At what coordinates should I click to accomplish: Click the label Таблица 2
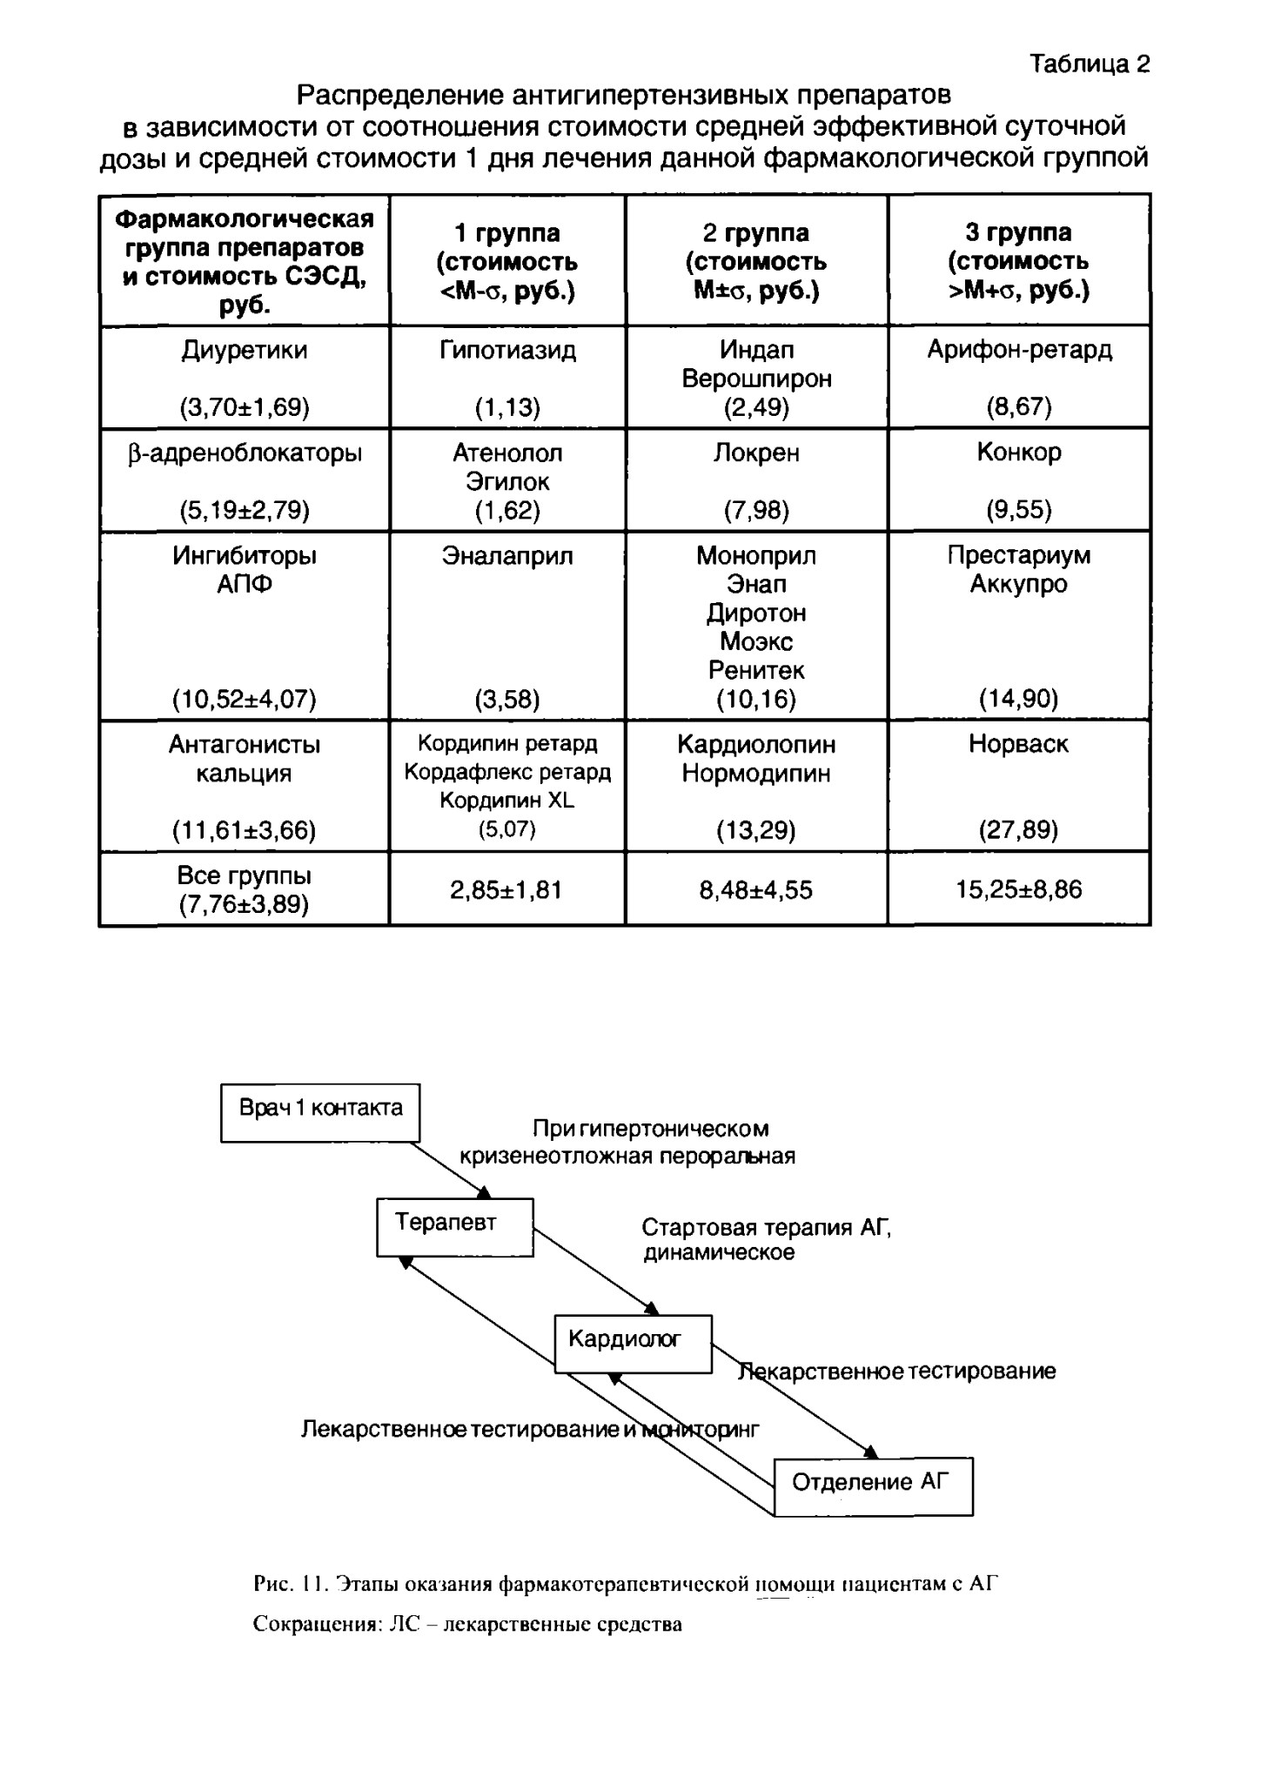1090,64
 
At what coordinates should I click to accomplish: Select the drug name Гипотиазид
507,350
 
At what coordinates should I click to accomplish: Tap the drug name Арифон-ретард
1019,350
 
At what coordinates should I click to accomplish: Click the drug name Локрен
756,453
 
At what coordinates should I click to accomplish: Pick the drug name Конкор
1019,453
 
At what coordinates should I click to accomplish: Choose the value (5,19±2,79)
245,510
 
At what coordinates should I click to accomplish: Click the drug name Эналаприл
507,555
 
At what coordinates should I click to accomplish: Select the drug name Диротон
756,613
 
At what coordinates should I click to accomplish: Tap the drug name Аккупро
1019,584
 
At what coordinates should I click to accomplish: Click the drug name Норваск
1019,744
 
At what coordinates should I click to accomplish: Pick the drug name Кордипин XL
507,800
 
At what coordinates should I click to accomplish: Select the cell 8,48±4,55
756,889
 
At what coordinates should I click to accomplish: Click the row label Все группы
245,875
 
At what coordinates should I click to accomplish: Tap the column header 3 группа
1019,232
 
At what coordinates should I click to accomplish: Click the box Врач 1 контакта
320,1112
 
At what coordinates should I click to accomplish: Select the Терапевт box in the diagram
454,1227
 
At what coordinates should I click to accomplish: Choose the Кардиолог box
634,1344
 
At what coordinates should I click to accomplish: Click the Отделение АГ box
874,1486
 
